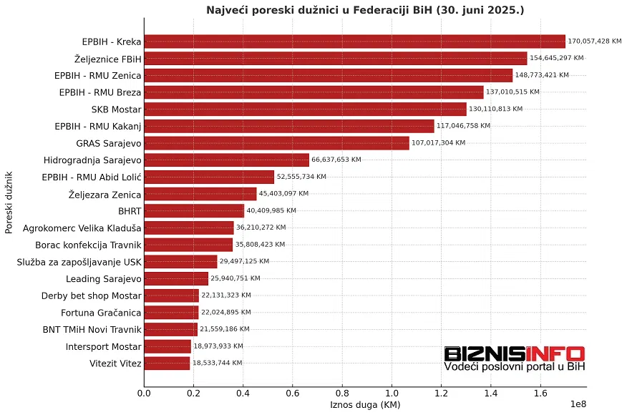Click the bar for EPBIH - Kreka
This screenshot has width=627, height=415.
[354, 41]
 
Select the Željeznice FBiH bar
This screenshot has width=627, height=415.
[335, 59]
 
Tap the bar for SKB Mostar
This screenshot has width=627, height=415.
[305, 109]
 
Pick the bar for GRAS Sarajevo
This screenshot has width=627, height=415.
[276, 143]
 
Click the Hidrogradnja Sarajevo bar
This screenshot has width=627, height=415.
[226, 160]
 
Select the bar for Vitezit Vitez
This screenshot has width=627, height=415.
[167, 363]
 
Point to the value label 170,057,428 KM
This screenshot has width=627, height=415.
[595, 41]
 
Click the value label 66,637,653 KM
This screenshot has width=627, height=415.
[336, 160]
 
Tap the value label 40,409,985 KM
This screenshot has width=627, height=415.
[271, 211]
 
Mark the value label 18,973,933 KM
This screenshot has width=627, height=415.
[218, 346]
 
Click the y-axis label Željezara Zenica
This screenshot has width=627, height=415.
[104, 194]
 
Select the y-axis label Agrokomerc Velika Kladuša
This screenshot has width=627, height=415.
[82, 228]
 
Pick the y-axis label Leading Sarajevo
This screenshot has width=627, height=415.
[104, 279]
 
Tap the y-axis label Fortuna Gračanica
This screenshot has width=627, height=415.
[101, 313]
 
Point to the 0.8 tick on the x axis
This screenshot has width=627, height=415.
[342, 393]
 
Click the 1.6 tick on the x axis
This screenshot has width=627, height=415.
[540, 393]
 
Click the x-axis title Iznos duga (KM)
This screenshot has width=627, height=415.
[365, 405]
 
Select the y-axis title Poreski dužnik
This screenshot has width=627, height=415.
[9, 202]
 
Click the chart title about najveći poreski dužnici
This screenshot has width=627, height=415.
[365, 10]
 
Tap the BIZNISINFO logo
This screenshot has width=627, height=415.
[514, 358]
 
